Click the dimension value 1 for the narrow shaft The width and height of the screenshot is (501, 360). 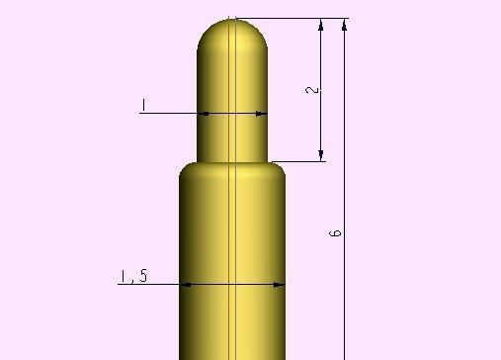click(144, 104)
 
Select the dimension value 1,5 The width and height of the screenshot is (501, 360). click(133, 276)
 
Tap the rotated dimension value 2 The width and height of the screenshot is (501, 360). click(313, 89)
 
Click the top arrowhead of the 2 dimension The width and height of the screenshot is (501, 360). click(321, 25)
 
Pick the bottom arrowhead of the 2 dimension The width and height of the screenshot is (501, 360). click(321, 154)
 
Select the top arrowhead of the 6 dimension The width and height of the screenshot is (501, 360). click(344, 25)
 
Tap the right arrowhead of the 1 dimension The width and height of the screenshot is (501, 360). click(261, 113)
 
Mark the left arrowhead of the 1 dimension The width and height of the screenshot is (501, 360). click(204, 113)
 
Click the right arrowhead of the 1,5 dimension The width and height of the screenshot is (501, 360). click(279, 285)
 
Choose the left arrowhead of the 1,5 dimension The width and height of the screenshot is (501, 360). click(186, 285)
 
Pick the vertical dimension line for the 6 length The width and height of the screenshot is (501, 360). click(344, 297)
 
